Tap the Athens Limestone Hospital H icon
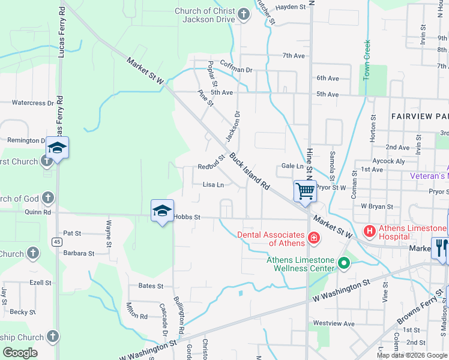coord(370,230)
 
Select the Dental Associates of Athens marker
coord(313,239)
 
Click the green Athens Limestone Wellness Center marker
coord(344,263)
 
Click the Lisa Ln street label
coord(213,185)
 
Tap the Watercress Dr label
coord(28,103)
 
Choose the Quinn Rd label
coord(38,212)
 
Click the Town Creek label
coord(367,60)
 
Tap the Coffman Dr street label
coord(237,70)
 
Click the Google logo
coord(20,353)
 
